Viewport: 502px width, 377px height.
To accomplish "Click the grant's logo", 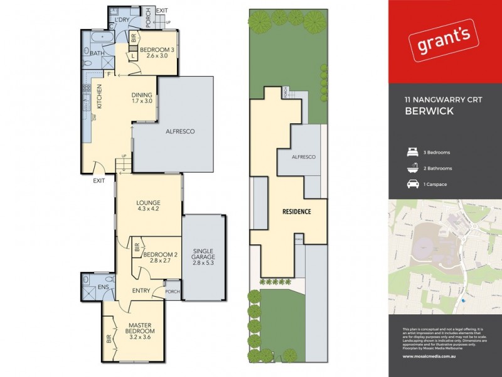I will [x=443, y=43].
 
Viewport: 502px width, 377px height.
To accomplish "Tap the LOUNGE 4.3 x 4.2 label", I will [x=149, y=207].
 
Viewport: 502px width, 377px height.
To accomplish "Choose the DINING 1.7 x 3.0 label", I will [x=142, y=97].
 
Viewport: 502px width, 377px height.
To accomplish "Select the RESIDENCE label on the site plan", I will [x=296, y=212].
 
